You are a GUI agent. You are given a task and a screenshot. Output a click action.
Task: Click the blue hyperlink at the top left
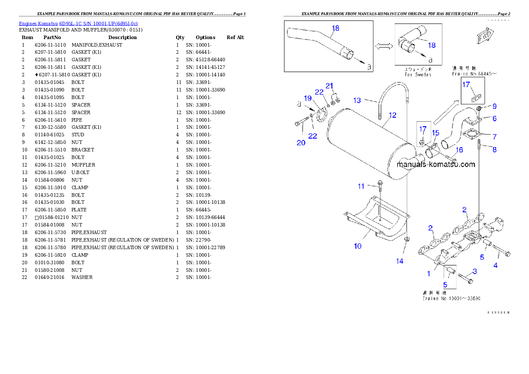click(78, 23)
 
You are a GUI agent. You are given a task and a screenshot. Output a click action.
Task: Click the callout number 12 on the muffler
click(392, 115)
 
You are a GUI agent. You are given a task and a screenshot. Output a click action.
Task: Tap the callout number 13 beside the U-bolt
click(357, 100)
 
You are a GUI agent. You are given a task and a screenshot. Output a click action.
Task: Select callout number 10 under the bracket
click(357, 246)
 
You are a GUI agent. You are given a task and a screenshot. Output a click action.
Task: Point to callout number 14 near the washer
click(400, 261)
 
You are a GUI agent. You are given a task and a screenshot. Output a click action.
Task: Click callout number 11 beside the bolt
click(361, 186)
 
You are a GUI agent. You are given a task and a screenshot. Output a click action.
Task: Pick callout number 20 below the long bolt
click(301, 143)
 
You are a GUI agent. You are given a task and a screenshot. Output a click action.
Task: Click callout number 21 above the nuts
click(329, 85)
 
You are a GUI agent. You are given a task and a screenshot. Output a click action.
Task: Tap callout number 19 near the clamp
click(308, 98)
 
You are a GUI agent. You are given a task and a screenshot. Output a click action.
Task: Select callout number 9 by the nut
click(494, 106)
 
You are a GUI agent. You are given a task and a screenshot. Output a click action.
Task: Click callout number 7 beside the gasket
click(494, 137)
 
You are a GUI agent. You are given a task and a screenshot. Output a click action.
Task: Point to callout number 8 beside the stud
click(494, 150)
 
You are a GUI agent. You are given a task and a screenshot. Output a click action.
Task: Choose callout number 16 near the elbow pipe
click(459, 150)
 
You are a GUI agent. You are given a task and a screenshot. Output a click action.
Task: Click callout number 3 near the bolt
click(475, 271)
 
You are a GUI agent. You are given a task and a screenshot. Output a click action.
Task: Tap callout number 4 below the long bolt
click(495, 265)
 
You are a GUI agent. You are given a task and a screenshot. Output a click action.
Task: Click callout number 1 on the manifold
click(429, 274)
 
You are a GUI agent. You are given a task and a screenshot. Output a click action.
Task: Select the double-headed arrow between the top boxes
click(384, 46)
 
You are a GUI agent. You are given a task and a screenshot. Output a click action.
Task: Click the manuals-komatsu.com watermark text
click(436, 164)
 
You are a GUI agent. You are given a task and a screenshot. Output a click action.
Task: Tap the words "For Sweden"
click(418, 75)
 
